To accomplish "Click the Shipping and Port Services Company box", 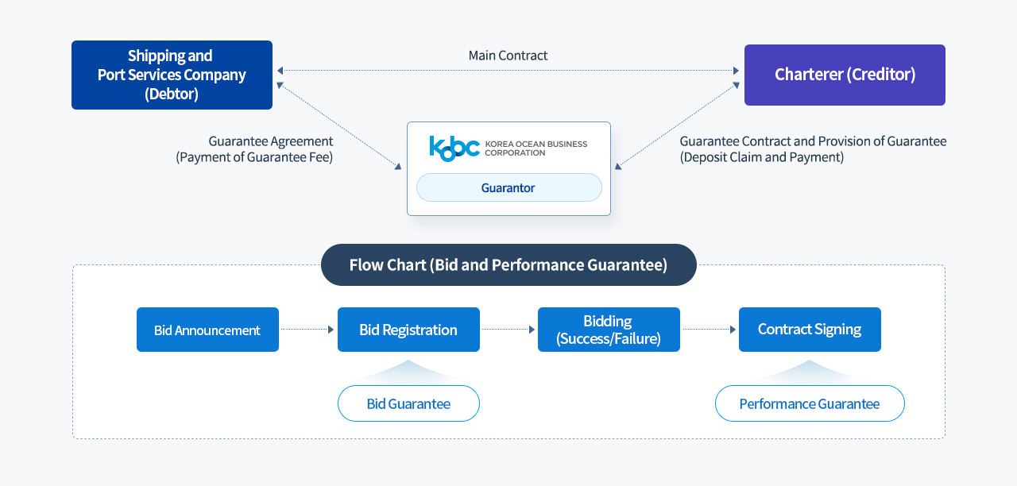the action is point(172,75).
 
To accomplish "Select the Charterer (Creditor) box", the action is point(845,75).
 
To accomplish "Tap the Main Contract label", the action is point(508,56).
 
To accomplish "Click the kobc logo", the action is point(454,148).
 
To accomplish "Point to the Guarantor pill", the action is point(509,187).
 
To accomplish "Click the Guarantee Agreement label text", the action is point(271,141).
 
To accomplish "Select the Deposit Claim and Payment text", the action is point(762,157).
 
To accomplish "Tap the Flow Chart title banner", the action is point(508,264).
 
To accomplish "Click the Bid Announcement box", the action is point(207,330).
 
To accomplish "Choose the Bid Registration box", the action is point(408,330).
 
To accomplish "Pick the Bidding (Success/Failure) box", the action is point(609,330).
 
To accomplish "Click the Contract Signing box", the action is point(810,330).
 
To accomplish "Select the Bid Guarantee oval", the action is point(408,403).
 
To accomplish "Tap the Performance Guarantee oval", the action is point(810,403).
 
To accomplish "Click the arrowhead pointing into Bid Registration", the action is point(331,330).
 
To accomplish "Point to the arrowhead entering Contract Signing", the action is point(733,330).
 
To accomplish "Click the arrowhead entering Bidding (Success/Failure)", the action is point(532,330).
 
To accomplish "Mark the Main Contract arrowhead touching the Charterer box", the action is point(736,71).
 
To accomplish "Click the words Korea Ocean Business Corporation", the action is point(536,148).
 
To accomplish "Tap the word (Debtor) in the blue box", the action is point(172,94).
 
